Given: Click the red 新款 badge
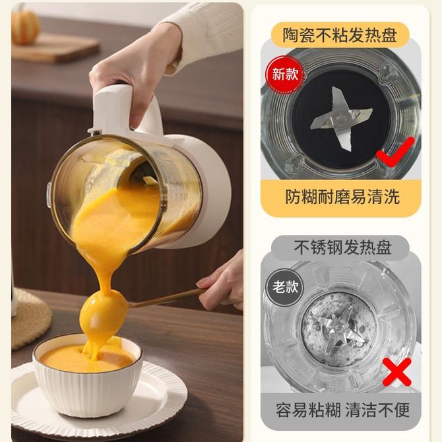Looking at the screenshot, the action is point(285,74).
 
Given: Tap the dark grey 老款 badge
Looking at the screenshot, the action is point(285,287).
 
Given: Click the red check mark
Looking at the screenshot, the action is point(396,152).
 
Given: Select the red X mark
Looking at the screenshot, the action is point(397,372).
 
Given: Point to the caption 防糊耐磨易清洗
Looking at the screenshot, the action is point(342,197).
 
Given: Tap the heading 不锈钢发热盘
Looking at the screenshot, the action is point(342,247).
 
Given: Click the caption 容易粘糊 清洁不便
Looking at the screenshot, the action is point(342,410).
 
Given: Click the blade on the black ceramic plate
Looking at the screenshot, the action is point(342,118).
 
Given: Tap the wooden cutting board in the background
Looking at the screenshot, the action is point(55,47).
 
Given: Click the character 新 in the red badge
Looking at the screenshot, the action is point(278,74).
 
